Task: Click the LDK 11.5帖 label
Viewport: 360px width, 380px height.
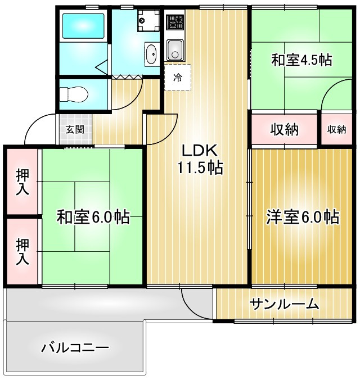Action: click(201, 159)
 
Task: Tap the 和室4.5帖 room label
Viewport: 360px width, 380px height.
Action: click(301, 60)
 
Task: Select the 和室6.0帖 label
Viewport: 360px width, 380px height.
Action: click(93, 216)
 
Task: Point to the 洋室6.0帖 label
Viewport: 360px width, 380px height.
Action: click(302, 216)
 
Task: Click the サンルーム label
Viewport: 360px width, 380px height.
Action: click(285, 305)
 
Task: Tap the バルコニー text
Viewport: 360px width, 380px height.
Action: click(75, 347)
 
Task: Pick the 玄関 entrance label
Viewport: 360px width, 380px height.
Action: click(74, 129)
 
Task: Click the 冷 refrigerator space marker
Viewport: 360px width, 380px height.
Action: click(178, 78)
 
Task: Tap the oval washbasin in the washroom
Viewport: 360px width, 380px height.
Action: click(152, 55)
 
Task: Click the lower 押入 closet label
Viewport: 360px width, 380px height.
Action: click(22, 251)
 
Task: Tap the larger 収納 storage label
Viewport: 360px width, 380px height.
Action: click(284, 130)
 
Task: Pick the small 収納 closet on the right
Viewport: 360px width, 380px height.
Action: click(336, 130)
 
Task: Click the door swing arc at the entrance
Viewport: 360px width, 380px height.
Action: click(37, 126)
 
